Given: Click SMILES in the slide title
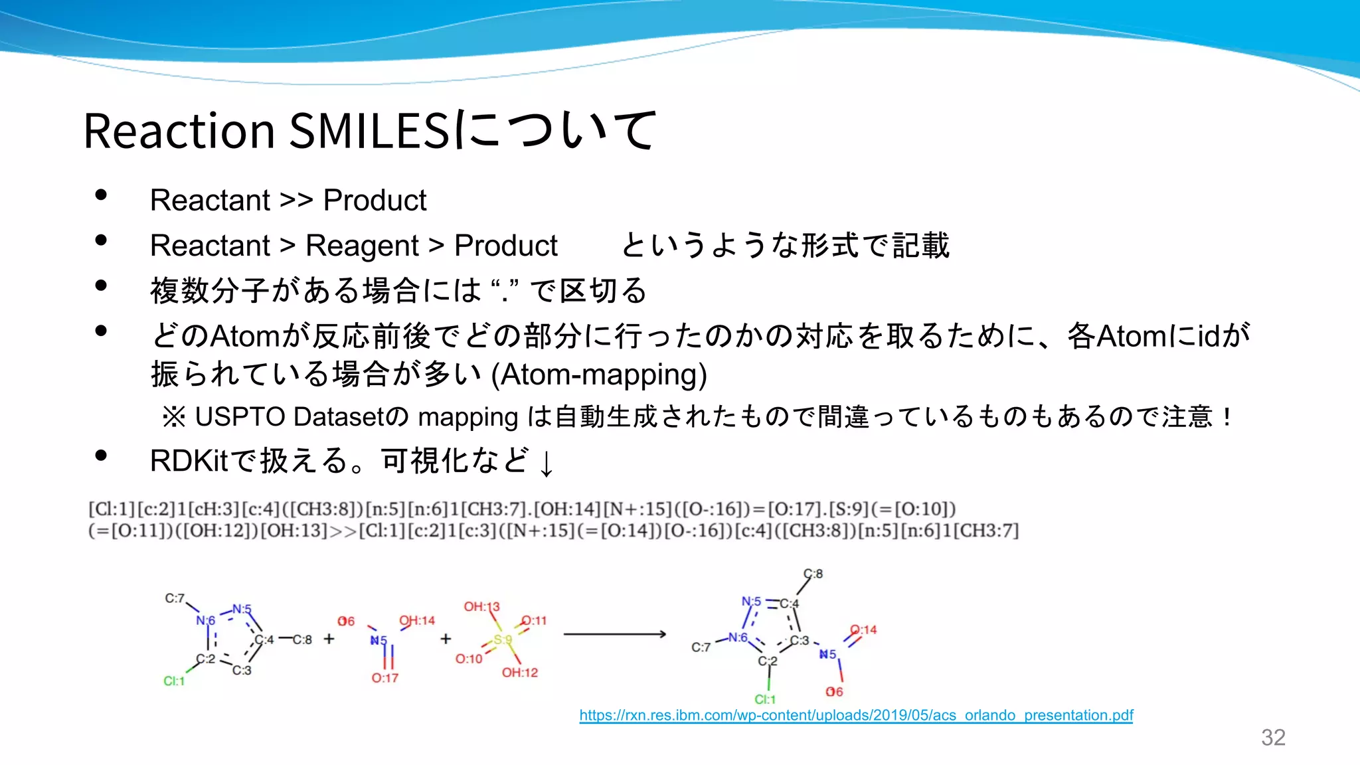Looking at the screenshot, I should click(x=369, y=130).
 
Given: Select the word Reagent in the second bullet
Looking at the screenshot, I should click(x=362, y=246).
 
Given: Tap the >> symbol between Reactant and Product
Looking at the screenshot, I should click(x=296, y=201).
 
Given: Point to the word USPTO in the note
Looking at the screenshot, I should click(x=240, y=417).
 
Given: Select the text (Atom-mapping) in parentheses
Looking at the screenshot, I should click(x=599, y=375).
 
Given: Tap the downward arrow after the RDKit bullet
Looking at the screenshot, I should click(x=546, y=463).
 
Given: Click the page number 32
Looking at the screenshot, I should click(x=1273, y=737).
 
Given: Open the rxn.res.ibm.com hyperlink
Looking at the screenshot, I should click(x=856, y=715).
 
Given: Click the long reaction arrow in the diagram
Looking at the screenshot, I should click(x=614, y=634).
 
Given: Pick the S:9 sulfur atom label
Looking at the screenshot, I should click(x=503, y=640).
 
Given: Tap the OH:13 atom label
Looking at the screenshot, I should click(x=481, y=606).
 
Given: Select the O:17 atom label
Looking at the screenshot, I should click(x=384, y=678).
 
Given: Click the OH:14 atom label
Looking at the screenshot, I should click(x=416, y=620).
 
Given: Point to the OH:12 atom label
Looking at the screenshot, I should click(x=519, y=673).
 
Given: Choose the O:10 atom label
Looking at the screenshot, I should click(x=468, y=659).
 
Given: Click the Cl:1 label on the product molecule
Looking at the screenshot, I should click(x=764, y=699).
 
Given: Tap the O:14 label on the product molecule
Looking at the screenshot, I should click(x=863, y=630).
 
